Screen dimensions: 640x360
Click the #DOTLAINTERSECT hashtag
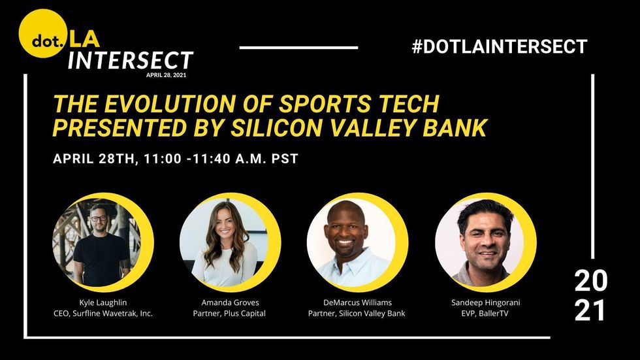pos(500,46)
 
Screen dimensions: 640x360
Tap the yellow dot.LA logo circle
pos(43,33)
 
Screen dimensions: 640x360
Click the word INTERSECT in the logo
pos(130,60)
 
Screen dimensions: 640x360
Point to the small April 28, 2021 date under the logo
pos(166,75)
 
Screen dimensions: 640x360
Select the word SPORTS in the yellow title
pos(324,104)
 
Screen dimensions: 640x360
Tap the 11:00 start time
pos(163,158)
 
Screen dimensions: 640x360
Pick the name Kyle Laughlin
pos(103,303)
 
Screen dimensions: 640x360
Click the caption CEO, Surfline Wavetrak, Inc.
pos(103,314)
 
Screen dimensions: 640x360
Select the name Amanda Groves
pos(230,303)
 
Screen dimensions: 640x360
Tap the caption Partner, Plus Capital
pos(229,314)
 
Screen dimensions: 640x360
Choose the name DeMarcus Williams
pos(357,303)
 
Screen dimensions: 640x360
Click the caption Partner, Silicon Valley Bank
pos(357,314)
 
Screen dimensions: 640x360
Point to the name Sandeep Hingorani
pos(486,303)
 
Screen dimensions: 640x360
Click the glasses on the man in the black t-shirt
pos(99,218)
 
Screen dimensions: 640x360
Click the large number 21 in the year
pos(590,310)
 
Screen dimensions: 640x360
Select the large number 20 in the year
pos(590,281)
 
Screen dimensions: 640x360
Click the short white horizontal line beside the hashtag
pos(299,48)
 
